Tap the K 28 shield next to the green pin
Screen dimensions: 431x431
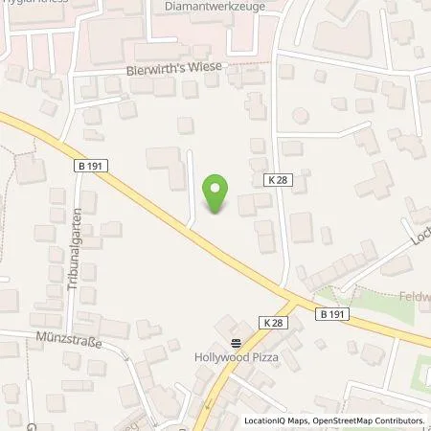[x=274, y=179]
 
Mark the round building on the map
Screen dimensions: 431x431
[x=300, y=116]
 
